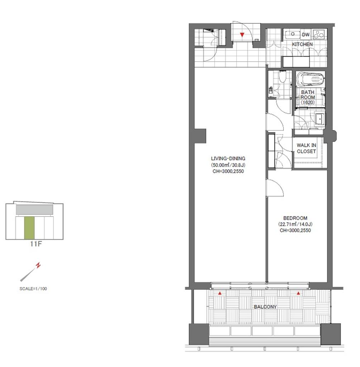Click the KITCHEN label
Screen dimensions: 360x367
(302, 44)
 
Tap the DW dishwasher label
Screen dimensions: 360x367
(305, 35)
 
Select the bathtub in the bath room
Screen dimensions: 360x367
(311, 79)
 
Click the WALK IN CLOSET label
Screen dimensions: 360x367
(306, 148)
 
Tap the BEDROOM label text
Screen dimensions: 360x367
(295, 218)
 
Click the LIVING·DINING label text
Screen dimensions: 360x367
(228, 158)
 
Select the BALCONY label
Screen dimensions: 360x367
(265, 307)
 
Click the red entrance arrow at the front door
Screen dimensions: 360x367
(242, 35)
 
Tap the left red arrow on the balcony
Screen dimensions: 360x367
(220, 293)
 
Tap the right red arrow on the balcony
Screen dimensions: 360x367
(298, 293)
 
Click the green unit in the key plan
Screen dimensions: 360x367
(29, 228)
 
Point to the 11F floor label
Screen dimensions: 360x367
(36, 244)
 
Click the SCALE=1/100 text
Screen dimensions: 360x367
(33, 289)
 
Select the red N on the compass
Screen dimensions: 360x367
(38, 266)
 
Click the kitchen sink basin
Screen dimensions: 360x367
(293, 34)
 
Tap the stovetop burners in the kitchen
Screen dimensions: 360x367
(318, 34)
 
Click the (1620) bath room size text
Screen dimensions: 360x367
(308, 102)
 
